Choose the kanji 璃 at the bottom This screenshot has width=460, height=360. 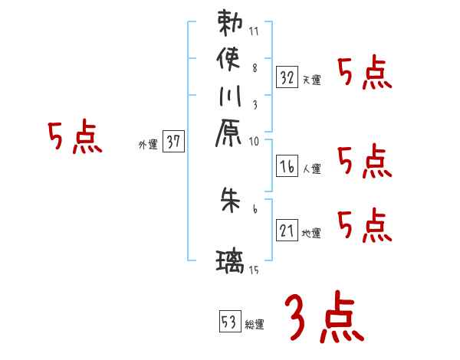coord(231,262)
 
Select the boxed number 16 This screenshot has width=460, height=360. coord(287,165)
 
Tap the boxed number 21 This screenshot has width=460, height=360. coord(287,230)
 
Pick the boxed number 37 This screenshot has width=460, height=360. coord(173,140)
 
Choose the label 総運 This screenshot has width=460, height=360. coord(255,324)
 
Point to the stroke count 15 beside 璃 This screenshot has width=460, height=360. coord(254,270)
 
